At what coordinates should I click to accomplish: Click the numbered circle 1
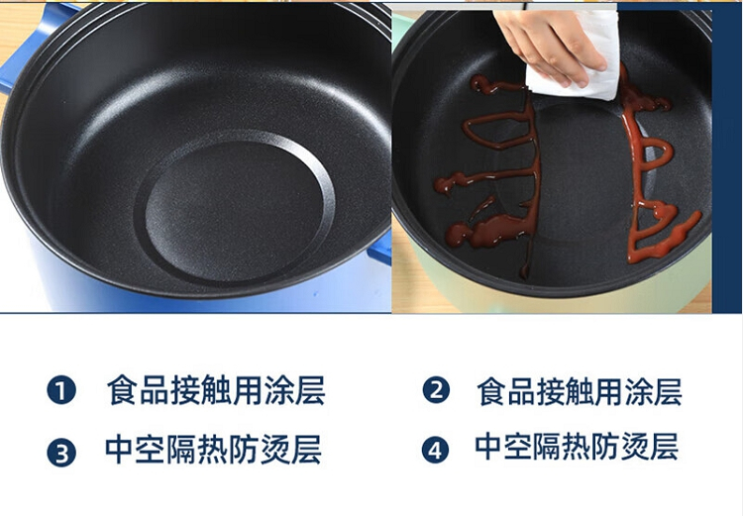point(61,390)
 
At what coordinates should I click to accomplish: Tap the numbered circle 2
point(436,390)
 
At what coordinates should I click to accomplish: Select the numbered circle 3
point(61,452)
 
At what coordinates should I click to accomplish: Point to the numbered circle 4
point(436,450)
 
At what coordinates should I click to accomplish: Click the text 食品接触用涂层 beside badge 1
point(216,390)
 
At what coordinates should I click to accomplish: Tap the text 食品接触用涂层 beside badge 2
point(580,391)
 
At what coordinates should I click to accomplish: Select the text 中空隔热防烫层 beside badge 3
point(213,450)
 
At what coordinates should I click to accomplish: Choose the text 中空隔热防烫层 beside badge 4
point(577,446)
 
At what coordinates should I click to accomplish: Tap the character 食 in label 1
point(122,390)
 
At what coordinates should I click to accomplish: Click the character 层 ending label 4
point(665,447)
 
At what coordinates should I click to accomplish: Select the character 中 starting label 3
point(120,450)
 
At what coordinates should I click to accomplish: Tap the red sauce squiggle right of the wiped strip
point(656,165)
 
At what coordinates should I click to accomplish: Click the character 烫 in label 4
point(635,447)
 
